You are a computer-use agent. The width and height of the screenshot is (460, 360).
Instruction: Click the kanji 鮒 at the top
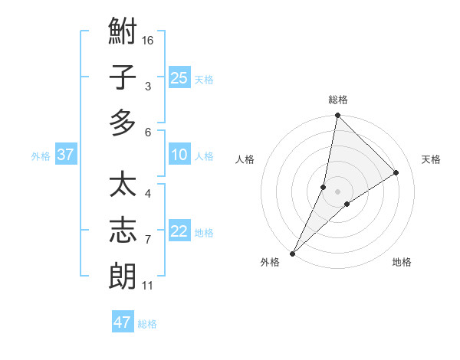click(123, 34)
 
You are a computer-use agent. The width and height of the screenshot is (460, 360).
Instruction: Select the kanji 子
click(123, 78)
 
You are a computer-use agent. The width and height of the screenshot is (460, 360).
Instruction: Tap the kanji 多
click(123, 123)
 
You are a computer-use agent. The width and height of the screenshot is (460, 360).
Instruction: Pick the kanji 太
click(123, 186)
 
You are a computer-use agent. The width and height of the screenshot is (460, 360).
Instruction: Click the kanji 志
click(123, 231)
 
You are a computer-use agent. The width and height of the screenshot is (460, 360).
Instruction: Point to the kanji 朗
click(123, 276)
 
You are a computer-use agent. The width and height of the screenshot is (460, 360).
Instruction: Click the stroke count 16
click(148, 40)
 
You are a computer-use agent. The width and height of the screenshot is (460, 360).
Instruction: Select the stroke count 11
click(148, 286)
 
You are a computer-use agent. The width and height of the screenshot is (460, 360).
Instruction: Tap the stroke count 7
click(148, 240)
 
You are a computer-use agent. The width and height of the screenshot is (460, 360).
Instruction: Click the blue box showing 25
click(179, 78)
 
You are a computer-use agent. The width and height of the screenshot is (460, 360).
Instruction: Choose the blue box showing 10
click(179, 155)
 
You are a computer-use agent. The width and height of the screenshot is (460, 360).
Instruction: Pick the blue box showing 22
click(179, 231)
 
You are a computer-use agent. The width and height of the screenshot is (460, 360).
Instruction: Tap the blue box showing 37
click(66, 155)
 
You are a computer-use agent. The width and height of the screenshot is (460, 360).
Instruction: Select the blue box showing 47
click(123, 322)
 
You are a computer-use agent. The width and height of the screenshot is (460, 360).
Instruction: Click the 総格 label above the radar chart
click(338, 100)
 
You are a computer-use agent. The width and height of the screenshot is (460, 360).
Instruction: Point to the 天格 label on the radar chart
click(432, 159)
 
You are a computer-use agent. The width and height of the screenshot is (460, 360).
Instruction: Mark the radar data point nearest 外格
click(292, 254)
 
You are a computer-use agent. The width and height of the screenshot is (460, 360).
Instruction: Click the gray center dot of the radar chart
click(338, 191)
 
